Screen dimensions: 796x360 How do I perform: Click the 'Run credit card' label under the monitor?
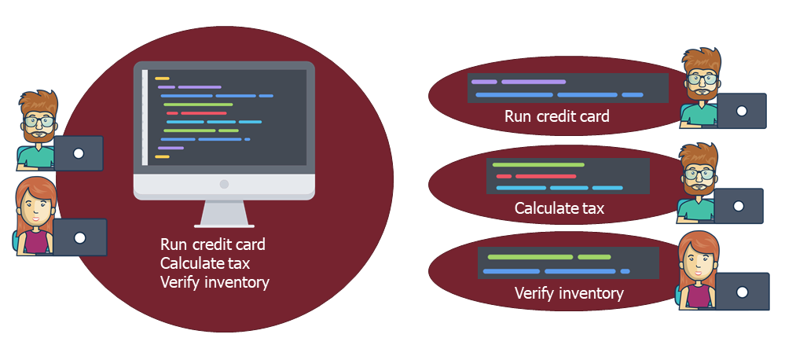pos(213,244)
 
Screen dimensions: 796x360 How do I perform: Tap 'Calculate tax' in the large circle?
pos(205,263)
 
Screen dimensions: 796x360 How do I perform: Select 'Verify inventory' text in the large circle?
pos(215,282)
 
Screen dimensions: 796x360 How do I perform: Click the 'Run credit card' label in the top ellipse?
pos(557,116)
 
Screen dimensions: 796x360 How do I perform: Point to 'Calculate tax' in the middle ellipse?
pos(559,208)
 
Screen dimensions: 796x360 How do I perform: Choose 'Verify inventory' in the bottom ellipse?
pos(569,293)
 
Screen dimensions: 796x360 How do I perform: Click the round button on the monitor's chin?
pos(224,184)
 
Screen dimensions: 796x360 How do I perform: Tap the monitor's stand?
pos(224,214)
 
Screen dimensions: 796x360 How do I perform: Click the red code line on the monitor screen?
pos(196,112)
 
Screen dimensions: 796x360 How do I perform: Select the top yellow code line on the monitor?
pos(162,79)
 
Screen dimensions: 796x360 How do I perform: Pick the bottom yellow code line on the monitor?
pos(162,157)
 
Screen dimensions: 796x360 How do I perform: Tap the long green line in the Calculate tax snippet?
pos(538,164)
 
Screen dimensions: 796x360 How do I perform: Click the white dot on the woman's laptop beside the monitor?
pos(79,237)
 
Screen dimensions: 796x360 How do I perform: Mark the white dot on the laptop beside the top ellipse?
pos(742,111)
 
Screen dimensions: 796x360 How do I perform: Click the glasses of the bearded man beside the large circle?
pos(39,121)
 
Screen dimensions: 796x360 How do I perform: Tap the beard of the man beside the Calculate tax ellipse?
pos(699,186)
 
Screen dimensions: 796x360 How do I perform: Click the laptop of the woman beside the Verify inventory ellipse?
pos(742,292)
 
